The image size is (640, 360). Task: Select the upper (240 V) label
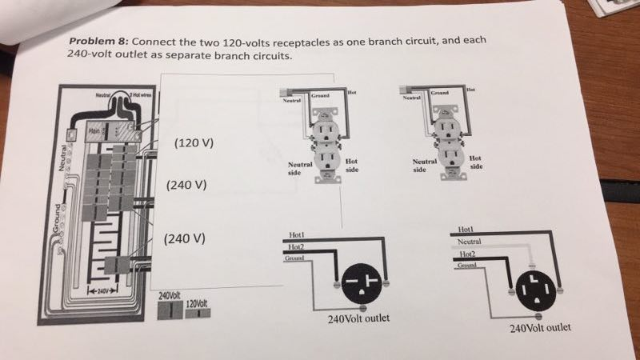click(x=186, y=185)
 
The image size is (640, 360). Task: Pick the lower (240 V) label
click(x=184, y=238)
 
